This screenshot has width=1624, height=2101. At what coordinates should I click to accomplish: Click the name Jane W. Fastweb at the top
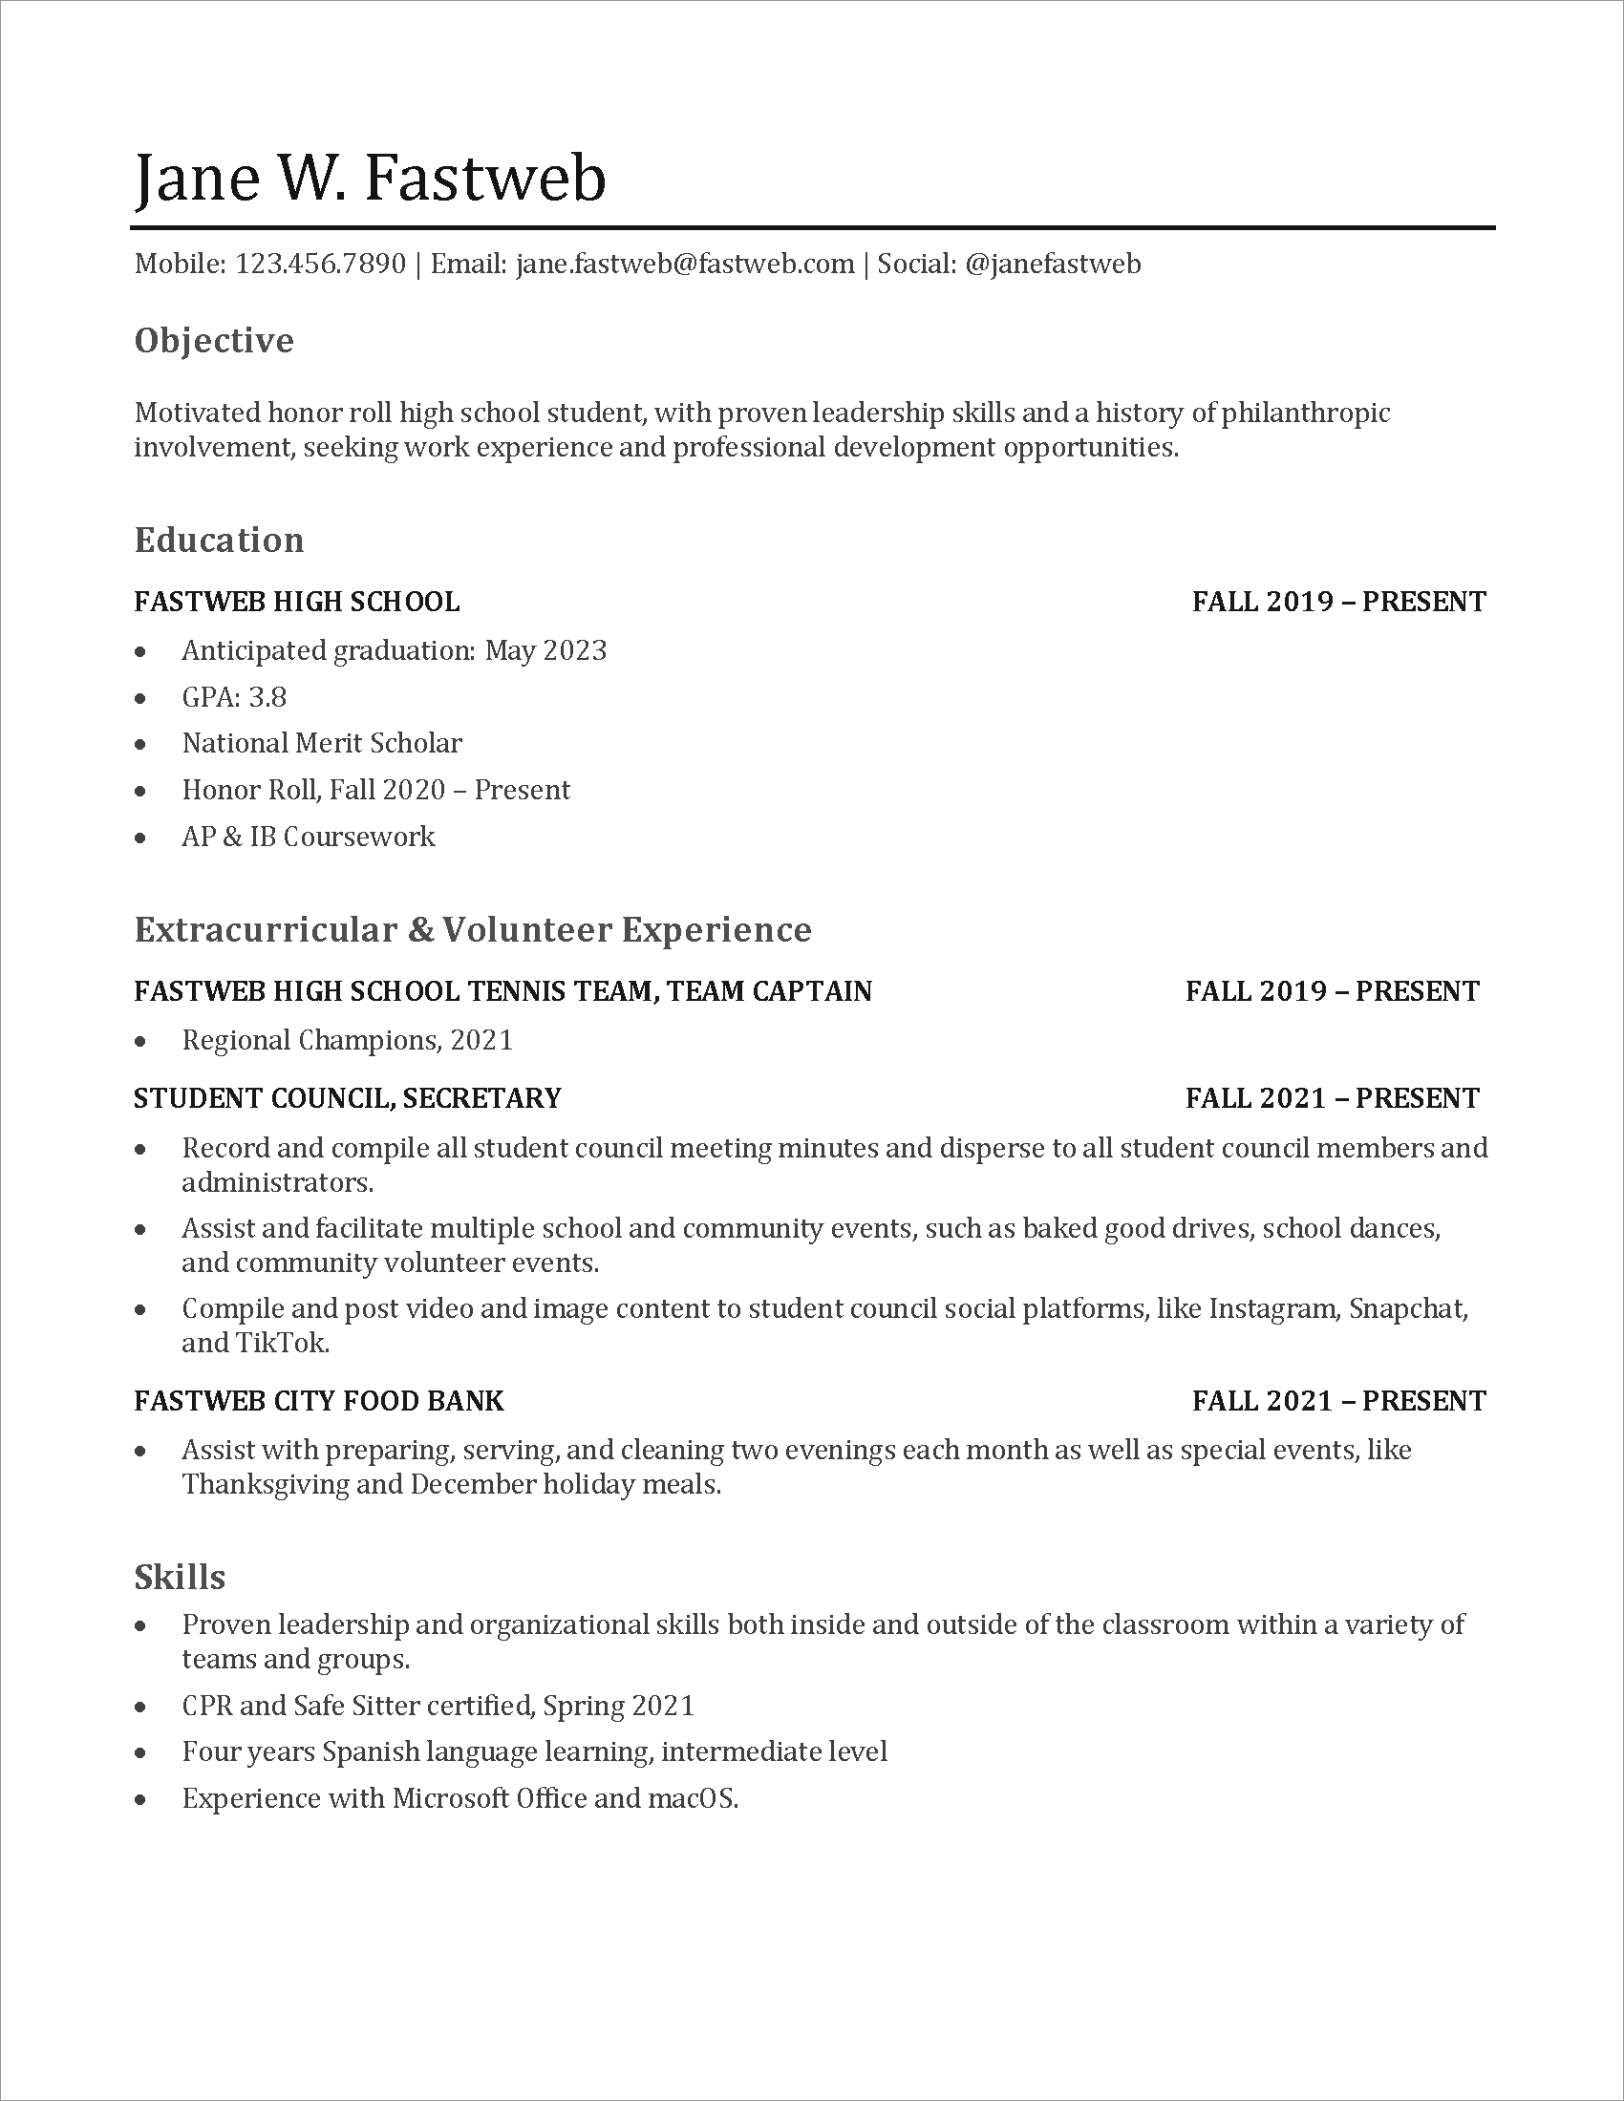coord(371,178)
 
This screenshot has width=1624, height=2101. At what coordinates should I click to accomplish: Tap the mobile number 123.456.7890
coord(320,264)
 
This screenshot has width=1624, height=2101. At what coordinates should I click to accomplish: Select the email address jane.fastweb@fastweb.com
coord(685,264)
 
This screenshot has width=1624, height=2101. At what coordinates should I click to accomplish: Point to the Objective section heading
coord(214,341)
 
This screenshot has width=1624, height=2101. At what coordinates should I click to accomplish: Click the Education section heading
coord(219,541)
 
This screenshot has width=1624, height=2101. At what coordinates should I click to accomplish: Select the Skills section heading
coord(179,1578)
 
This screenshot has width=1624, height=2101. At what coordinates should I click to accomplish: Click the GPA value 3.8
coord(267,696)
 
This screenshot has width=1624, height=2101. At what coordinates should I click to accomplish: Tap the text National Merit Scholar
coord(321,743)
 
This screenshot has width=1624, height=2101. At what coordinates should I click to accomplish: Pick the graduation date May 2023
coord(545,650)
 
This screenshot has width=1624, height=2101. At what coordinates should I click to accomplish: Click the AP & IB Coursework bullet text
coord(308,837)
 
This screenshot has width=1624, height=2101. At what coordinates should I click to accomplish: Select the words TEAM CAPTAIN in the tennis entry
coord(769,991)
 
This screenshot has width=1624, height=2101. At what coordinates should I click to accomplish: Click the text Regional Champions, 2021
coord(347,1040)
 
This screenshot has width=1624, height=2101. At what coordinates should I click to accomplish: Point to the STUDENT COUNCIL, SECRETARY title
coord(348,1097)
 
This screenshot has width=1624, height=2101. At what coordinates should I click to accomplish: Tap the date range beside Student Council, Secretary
coord(1332,1097)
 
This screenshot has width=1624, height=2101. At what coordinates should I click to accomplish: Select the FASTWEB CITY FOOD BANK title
coord(318,1401)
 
